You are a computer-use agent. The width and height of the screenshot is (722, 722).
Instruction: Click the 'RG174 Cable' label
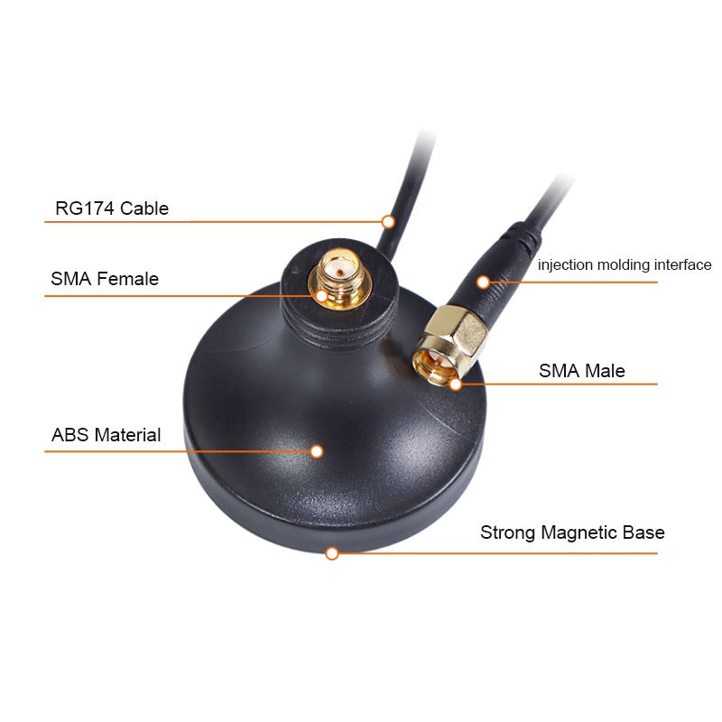click(112, 208)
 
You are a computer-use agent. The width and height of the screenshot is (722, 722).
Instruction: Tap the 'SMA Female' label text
click(105, 279)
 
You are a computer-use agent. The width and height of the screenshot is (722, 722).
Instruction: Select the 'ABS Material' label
click(106, 435)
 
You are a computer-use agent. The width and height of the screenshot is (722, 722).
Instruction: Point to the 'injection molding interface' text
click(625, 265)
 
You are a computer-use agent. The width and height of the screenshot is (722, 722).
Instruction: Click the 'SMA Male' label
click(582, 370)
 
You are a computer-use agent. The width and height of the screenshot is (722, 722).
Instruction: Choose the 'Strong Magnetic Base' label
click(572, 532)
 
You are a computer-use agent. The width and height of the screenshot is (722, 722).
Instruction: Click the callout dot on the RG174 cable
click(388, 220)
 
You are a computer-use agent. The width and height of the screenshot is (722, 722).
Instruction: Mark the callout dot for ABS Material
click(317, 450)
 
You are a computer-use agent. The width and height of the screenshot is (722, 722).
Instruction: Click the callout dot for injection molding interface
click(483, 282)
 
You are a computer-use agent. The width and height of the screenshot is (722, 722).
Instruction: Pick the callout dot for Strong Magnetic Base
click(332, 552)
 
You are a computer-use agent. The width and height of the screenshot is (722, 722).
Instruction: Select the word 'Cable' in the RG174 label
click(144, 208)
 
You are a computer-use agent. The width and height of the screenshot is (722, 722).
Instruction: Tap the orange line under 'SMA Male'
click(560, 384)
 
